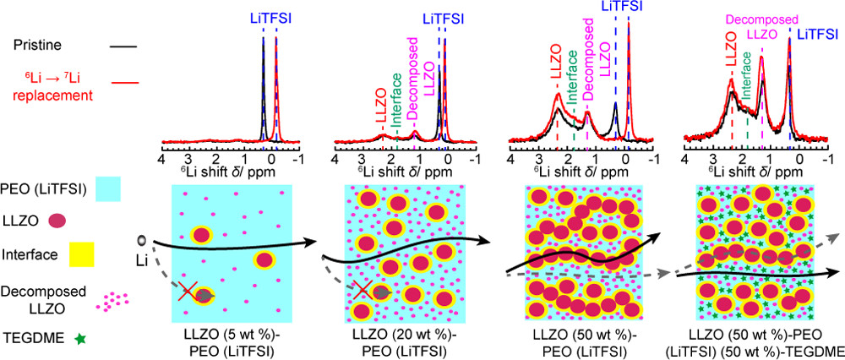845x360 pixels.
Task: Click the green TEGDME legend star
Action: tap(80, 338)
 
